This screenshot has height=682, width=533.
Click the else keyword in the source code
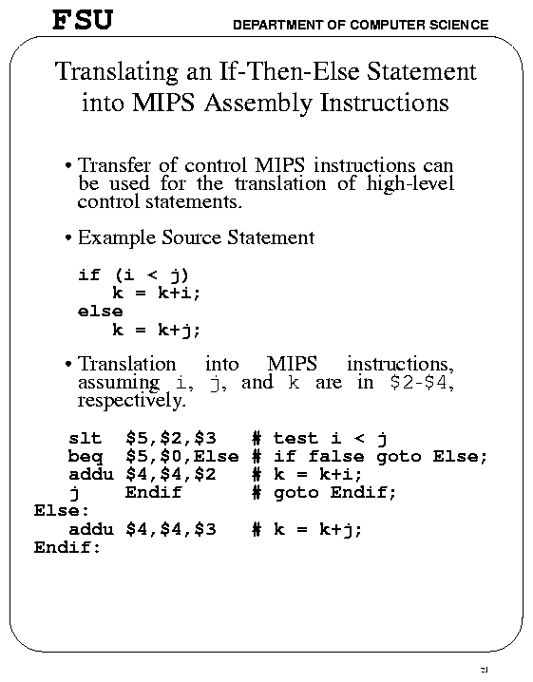click(100, 311)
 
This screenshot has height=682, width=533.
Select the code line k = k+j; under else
click(157, 330)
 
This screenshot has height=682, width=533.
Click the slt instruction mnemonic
click(85, 438)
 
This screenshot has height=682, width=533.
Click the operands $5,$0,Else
click(181, 456)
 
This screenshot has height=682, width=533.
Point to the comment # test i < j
click(319, 438)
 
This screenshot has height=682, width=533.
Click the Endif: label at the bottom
click(67, 547)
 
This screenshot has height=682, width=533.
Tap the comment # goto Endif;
click(323, 492)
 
